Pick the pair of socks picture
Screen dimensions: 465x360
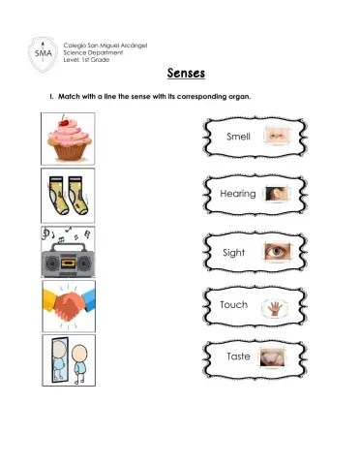click(68, 195)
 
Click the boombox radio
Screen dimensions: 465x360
click(68, 257)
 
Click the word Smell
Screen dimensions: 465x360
click(238, 137)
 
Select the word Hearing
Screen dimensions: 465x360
click(238, 194)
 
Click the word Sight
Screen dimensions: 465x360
click(234, 252)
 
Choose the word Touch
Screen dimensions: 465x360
click(234, 304)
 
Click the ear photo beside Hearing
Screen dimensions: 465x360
click(276, 194)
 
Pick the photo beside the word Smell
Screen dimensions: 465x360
click(278, 136)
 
